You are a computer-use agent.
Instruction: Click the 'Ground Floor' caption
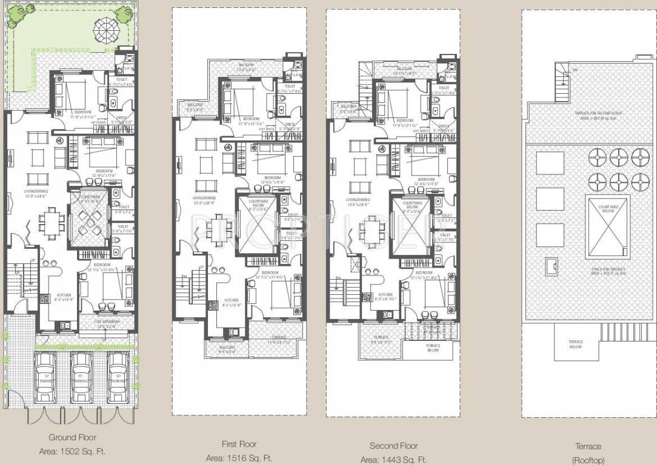coord(72,437)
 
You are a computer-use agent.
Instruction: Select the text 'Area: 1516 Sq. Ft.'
coord(239,458)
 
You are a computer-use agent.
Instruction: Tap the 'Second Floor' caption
coord(393,446)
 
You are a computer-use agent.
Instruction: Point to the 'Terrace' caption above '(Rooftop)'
coord(587,446)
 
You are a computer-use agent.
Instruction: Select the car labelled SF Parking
coord(45,377)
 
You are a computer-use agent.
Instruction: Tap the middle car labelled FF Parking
coord(81,377)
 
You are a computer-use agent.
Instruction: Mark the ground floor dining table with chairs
coord(52,221)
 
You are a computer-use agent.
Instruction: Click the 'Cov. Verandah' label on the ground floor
coord(107,322)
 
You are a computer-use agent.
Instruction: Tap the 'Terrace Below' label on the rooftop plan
coord(575,344)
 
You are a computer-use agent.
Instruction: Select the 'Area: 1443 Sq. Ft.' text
coord(393,460)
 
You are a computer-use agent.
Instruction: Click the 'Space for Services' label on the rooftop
coord(607,271)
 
